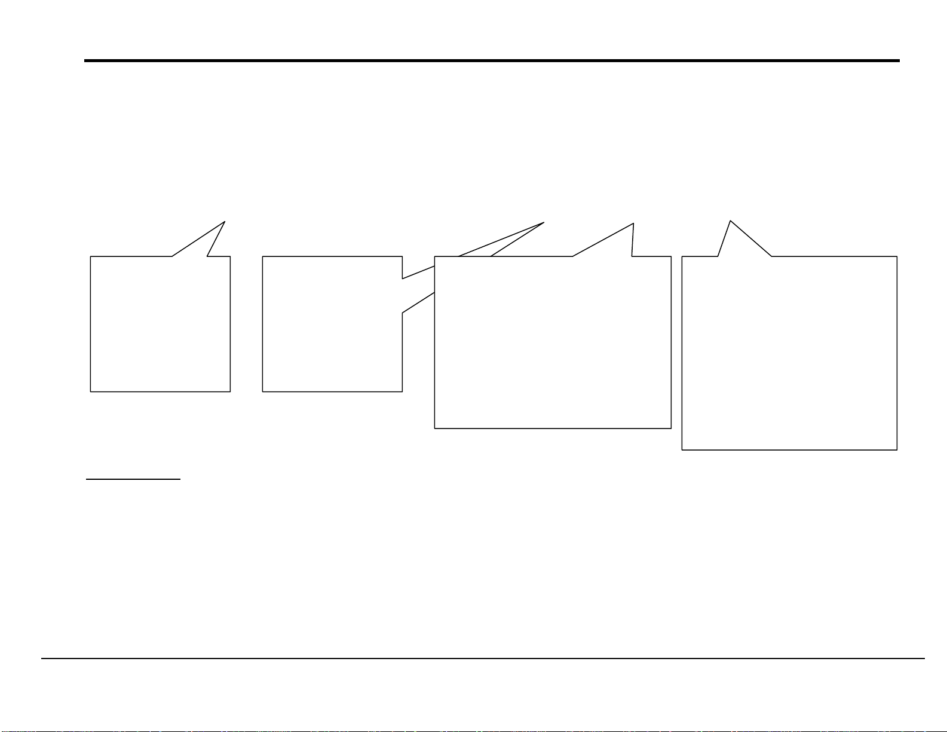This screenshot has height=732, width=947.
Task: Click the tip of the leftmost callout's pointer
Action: [225, 222]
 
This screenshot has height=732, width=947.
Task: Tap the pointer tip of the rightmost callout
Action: [730, 220]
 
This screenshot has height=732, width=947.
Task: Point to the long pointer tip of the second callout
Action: [544, 222]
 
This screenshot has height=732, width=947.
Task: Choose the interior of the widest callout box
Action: [553, 359]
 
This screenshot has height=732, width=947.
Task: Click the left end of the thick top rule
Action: [85, 60]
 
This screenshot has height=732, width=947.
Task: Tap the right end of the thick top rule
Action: [899, 60]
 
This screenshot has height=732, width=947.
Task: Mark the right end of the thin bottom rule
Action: [924, 659]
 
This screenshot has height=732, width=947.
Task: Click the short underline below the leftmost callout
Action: [133, 479]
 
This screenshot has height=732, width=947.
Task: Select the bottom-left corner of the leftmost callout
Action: [90, 391]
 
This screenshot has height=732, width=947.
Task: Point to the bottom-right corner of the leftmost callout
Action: [230, 391]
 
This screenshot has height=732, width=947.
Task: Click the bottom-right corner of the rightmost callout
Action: [897, 449]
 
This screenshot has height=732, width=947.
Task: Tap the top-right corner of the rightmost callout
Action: [897, 256]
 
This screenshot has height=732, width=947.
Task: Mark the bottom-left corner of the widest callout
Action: [434, 428]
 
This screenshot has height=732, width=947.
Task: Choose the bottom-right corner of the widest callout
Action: [671, 428]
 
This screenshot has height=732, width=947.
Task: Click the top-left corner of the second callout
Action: [263, 257]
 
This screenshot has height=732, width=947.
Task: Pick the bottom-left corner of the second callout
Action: [263, 391]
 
